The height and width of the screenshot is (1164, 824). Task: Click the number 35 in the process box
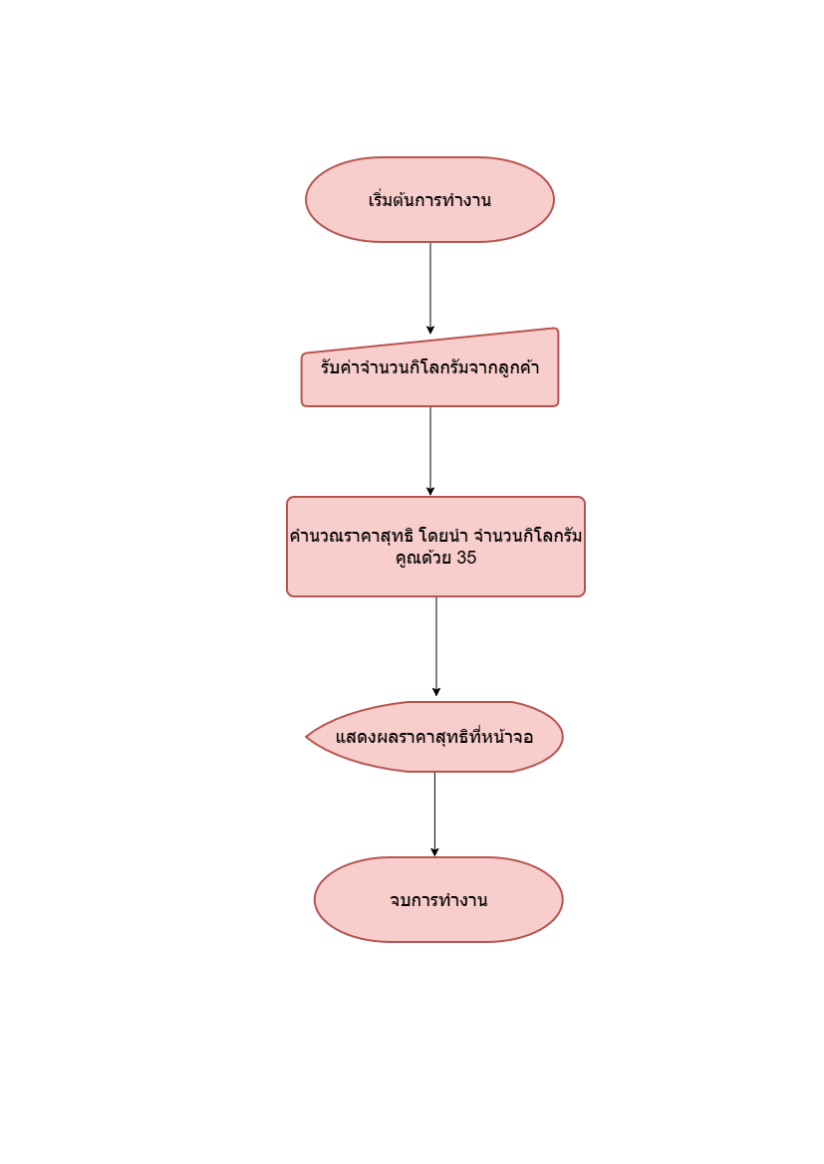[x=466, y=559]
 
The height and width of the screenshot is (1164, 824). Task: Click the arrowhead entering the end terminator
[x=434, y=851]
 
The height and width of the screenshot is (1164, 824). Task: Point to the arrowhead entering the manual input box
[x=430, y=330]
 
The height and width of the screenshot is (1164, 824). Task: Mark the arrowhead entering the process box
[x=430, y=491]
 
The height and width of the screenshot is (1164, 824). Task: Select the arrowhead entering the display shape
[x=436, y=691]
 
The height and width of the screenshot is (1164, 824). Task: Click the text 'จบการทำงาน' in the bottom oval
[x=438, y=900]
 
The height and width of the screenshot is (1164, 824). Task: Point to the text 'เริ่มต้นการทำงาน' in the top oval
[x=429, y=200]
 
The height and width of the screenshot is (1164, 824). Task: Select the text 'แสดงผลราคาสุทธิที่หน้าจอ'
[x=434, y=738]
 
